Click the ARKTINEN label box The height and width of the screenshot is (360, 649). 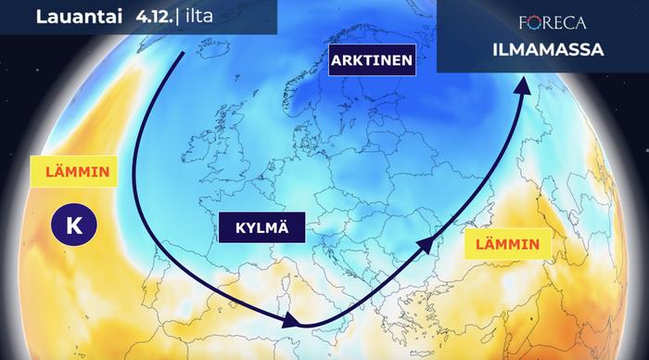pos(370,63)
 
